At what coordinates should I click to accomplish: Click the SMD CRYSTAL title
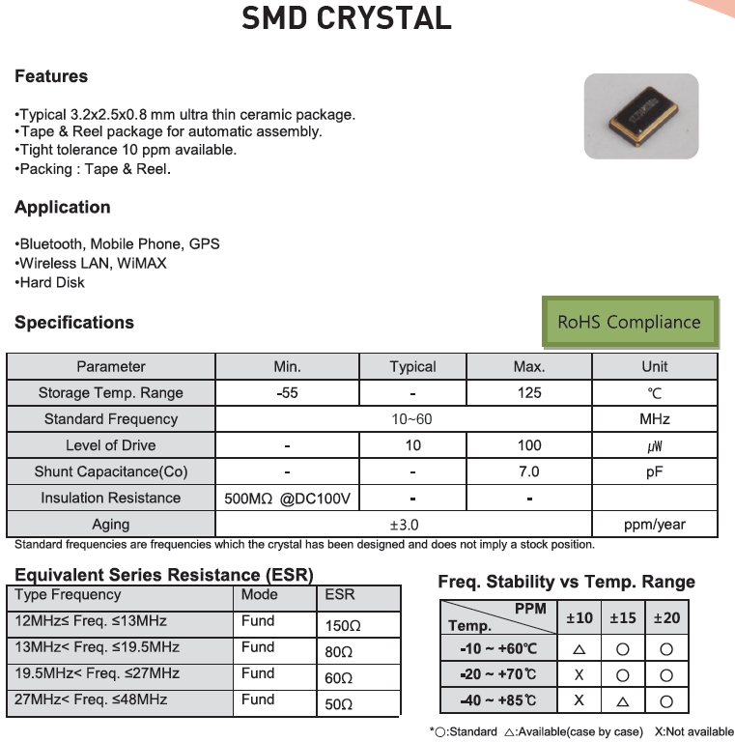pyautogui.click(x=347, y=17)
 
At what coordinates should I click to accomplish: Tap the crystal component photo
pyautogui.click(x=640, y=117)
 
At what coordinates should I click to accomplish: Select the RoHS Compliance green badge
pyautogui.click(x=630, y=322)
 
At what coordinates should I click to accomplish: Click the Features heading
pyautogui.click(x=51, y=76)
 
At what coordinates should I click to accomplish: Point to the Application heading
pyautogui.click(x=63, y=207)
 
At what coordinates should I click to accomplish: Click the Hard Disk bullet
pyautogui.click(x=51, y=282)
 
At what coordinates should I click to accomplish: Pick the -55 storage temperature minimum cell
pyautogui.click(x=287, y=393)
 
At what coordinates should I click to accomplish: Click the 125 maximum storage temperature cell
pyautogui.click(x=529, y=393)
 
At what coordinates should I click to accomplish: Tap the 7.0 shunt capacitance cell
pyautogui.click(x=529, y=471)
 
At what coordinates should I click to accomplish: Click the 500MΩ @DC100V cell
pyautogui.click(x=287, y=499)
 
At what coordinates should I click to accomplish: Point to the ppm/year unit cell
pyautogui.click(x=654, y=525)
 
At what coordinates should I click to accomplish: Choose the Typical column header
pyautogui.click(x=412, y=367)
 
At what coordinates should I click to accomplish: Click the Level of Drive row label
pyautogui.click(x=110, y=445)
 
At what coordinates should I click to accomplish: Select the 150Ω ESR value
pyautogui.click(x=343, y=626)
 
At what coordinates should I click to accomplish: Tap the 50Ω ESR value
pyautogui.click(x=339, y=704)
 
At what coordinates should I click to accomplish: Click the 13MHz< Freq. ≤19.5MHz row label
pyautogui.click(x=98, y=647)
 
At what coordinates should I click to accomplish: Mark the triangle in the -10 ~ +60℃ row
pyautogui.click(x=580, y=649)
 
